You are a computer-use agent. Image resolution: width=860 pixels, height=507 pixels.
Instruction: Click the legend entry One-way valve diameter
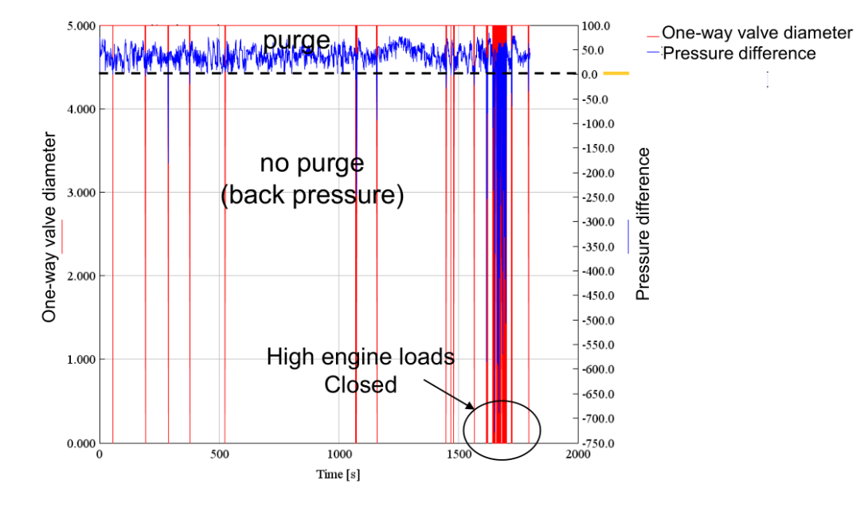[x=756, y=33]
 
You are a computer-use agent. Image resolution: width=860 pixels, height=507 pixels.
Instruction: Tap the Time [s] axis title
[x=338, y=474]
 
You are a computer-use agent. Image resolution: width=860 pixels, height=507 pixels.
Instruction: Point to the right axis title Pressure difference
[x=643, y=224]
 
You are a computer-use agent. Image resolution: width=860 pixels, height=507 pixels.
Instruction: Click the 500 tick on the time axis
[x=219, y=454]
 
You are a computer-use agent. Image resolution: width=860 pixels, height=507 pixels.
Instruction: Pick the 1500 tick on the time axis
[x=458, y=454]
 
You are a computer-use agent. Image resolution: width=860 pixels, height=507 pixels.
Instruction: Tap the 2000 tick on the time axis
[x=577, y=454]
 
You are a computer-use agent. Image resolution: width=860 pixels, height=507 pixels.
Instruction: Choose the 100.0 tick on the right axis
[x=596, y=25]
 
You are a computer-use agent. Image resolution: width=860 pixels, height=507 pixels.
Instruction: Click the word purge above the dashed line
[x=296, y=40]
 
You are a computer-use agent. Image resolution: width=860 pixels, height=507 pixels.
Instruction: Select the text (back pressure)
[x=312, y=195]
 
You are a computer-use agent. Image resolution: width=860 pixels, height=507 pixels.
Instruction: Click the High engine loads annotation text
[x=360, y=357]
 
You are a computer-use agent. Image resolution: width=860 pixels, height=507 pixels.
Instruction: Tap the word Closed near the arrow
[x=360, y=385]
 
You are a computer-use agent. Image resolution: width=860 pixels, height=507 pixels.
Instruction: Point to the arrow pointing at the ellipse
[x=450, y=396]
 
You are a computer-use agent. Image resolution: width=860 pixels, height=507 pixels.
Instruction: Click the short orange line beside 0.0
[x=616, y=74]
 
